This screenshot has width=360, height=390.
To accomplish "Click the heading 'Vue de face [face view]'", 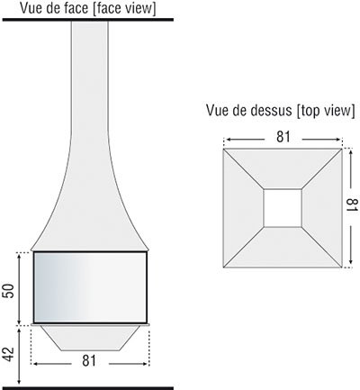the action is pyautogui.click(x=88, y=8).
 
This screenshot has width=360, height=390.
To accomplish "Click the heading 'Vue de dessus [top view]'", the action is pyautogui.click(x=281, y=110).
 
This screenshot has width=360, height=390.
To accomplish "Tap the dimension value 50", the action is pyautogui.click(x=9, y=291).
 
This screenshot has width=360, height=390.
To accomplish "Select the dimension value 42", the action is pyautogui.click(x=9, y=355).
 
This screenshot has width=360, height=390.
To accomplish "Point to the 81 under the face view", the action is pyautogui.click(x=89, y=360).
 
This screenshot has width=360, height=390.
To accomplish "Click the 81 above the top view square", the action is pyautogui.click(x=283, y=137).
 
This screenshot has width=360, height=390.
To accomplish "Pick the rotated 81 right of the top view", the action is pyautogui.click(x=352, y=205).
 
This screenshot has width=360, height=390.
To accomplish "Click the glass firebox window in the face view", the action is pyautogui.click(x=90, y=287).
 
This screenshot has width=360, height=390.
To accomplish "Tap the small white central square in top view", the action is pyautogui.click(x=283, y=208).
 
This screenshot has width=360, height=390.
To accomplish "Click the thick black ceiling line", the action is pyautogui.click(x=88, y=20).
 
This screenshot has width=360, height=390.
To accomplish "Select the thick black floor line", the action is pyautogui.click(x=88, y=388).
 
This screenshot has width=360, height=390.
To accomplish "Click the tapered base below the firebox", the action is pyautogui.click(x=90, y=338).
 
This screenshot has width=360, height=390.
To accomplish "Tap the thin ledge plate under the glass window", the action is pyautogui.click(x=90, y=324).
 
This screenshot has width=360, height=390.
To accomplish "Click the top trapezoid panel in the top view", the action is pyautogui.click(x=283, y=168).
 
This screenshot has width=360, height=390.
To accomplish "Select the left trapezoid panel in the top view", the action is pyautogui.click(x=243, y=208).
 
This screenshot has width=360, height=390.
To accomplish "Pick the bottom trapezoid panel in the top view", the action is pyautogui.click(x=283, y=247).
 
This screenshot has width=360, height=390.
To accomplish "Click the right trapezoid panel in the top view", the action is pyautogui.click(x=322, y=208).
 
